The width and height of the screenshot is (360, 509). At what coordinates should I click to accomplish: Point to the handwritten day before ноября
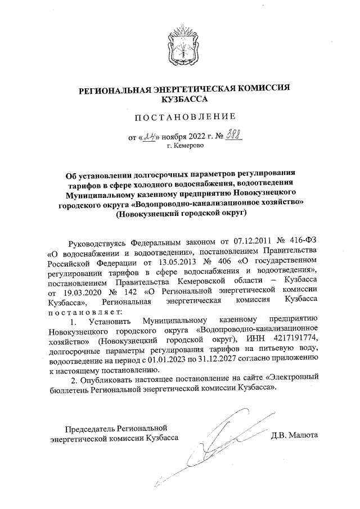[x=150, y=136]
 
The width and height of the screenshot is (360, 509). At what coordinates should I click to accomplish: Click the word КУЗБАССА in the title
[x=184, y=98]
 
